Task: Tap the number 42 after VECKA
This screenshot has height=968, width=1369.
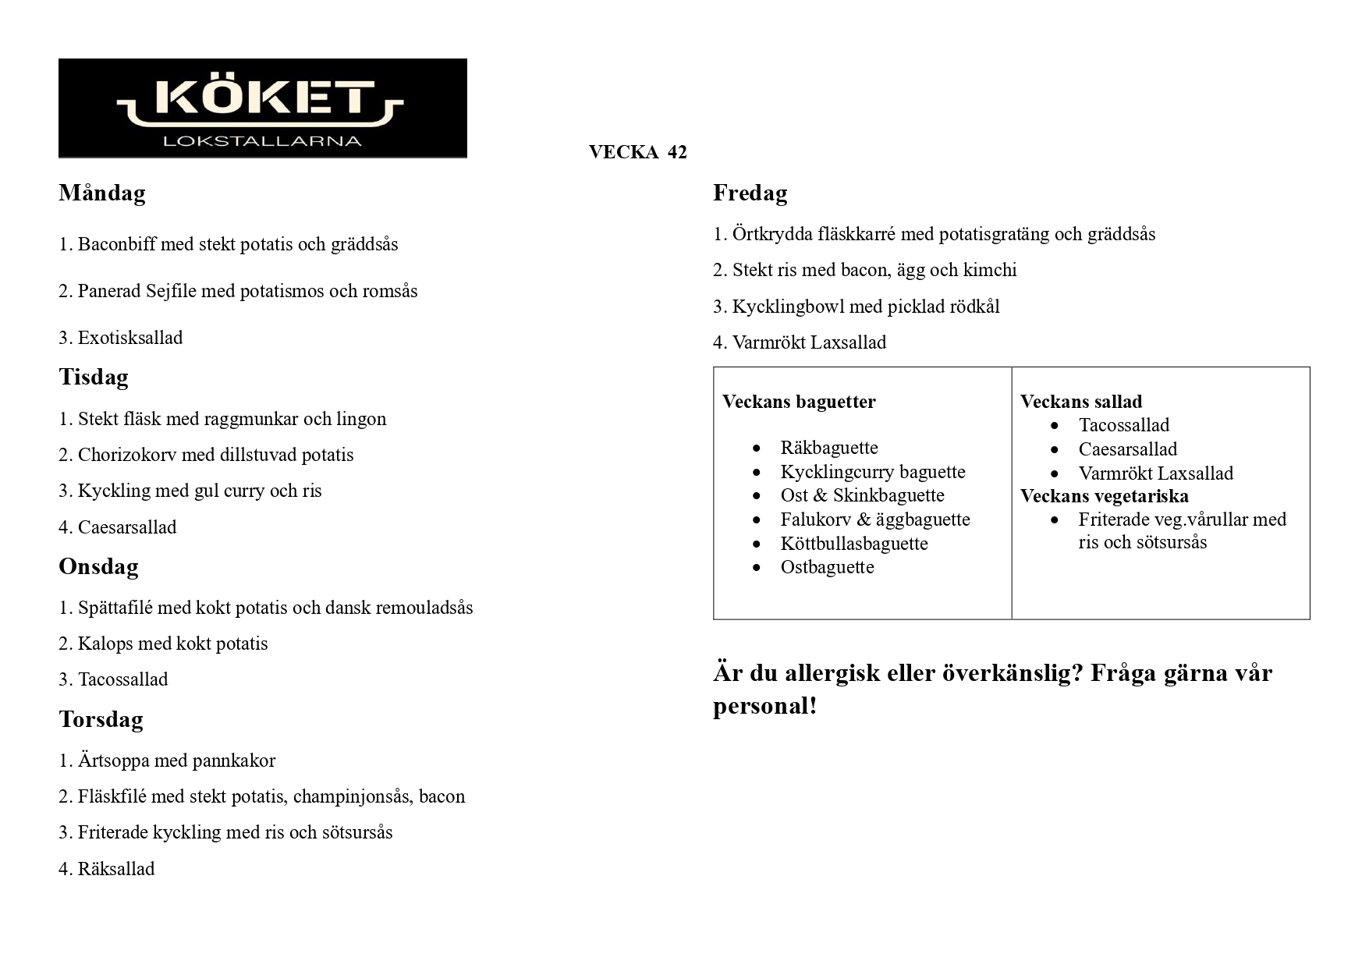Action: [677, 152]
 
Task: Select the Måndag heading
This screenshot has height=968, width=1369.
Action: [102, 193]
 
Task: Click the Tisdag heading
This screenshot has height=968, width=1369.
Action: [94, 377]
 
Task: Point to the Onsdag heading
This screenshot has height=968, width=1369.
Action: [98, 566]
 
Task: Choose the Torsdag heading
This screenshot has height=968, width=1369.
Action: [101, 719]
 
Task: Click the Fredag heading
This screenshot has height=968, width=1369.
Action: [750, 193]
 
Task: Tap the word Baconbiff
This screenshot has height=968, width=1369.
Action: [116, 244]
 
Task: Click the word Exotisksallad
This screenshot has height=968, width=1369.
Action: [130, 338]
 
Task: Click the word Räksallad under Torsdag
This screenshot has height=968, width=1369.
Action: [116, 869]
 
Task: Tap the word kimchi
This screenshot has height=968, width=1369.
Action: [990, 270]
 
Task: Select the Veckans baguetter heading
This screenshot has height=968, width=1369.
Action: [799, 402]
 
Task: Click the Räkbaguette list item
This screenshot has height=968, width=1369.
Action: [829, 448]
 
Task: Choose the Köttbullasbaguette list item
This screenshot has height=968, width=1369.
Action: [854, 544]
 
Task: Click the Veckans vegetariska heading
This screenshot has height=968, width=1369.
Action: [1105, 496]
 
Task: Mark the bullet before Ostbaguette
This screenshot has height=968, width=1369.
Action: [757, 568]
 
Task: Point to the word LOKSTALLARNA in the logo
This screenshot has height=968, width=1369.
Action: [263, 141]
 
